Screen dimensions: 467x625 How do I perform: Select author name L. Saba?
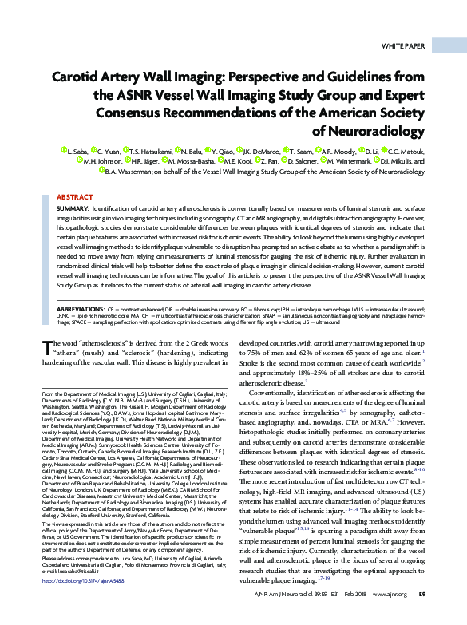click(x=76, y=150)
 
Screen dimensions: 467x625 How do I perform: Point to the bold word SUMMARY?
click(x=75, y=208)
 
